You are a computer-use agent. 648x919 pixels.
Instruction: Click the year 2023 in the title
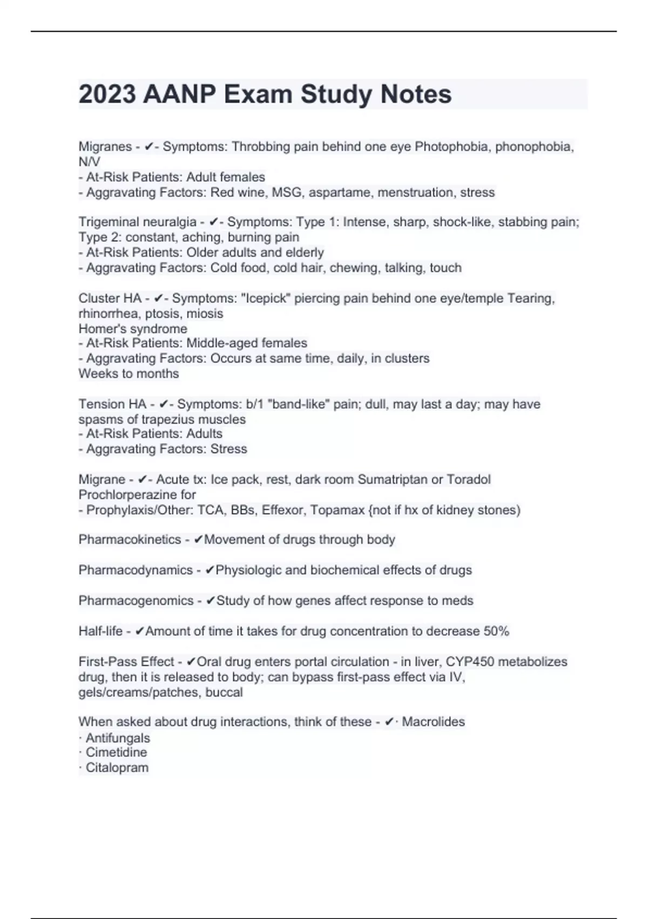(x=107, y=95)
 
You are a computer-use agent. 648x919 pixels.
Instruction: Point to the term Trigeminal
(x=109, y=222)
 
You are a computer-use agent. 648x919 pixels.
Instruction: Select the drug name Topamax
(x=337, y=510)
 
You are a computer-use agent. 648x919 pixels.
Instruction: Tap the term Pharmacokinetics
(x=130, y=540)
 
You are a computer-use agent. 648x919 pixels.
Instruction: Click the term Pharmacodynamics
(x=136, y=570)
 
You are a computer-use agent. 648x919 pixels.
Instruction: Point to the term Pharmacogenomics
(x=136, y=601)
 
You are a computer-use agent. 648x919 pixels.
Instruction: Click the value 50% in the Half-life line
(x=496, y=631)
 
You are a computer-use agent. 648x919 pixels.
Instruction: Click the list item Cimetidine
(x=116, y=752)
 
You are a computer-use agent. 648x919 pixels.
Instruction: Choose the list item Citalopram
(x=117, y=768)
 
